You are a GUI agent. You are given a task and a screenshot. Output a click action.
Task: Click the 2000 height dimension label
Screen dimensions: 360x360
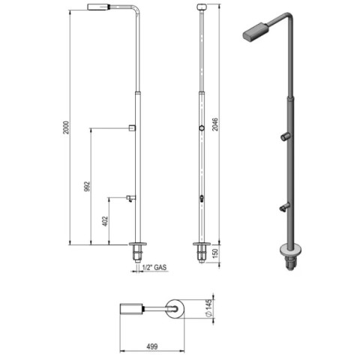66,127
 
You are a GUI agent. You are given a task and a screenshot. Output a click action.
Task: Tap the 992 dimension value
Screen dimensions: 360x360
87,187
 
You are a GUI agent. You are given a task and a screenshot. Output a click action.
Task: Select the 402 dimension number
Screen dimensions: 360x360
105,221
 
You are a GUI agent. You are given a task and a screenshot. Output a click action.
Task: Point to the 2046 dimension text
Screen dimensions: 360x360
215,124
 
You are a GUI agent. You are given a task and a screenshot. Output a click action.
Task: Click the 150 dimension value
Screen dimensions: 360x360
215,253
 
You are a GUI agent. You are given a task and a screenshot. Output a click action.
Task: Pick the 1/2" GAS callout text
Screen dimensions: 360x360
154,267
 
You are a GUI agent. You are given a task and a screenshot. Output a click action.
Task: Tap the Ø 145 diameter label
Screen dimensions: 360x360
209,309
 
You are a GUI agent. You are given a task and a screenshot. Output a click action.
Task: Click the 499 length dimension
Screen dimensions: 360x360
152,346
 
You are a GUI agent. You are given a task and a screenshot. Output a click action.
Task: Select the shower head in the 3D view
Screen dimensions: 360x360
256,31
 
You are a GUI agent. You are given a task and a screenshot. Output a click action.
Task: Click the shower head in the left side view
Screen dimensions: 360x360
99,7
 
